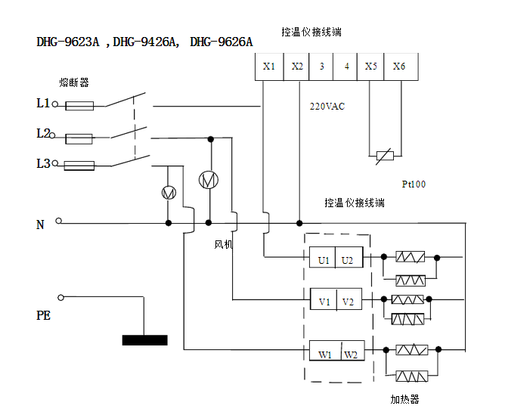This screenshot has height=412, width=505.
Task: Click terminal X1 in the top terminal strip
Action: (269, 67)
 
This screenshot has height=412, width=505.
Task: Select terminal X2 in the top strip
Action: (296, 67)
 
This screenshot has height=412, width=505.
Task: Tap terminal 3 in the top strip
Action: (321, 67)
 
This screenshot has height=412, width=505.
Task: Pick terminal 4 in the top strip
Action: (346, 67)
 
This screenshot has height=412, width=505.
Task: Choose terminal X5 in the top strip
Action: (370, 67)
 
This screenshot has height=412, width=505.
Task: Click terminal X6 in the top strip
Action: (398, 67)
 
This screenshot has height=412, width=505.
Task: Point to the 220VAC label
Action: (327, 107)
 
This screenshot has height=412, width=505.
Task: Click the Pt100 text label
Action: (414, 184)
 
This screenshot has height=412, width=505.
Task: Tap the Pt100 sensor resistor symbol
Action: (385, 156)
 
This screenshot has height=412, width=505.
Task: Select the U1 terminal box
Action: (323, 260)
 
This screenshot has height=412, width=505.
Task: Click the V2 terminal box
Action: (348, 302)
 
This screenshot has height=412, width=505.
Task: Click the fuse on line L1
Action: (79, 107)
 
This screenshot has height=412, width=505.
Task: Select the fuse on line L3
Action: (79, 164)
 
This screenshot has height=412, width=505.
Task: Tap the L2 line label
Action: (43, 133)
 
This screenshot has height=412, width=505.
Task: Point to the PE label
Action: (44, 315)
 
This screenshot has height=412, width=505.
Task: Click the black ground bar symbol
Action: (144, 339)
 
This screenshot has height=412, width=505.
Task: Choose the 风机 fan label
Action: (224, 245)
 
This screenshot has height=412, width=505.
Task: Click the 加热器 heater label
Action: (404, 399)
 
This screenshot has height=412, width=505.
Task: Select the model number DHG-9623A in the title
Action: (68, 42)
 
